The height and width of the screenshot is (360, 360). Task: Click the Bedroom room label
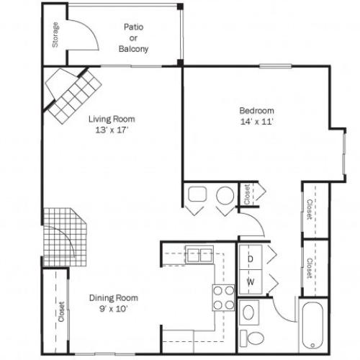coord(256,110)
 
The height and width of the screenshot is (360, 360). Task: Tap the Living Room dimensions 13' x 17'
coord(112,130)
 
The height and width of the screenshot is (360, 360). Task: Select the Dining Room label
coord(113,297)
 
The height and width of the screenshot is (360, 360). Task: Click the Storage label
coord(55,36)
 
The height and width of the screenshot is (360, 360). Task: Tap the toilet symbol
coord(251,336)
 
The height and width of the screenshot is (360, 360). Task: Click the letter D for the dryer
coord(251,257)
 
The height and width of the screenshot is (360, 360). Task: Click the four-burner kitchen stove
coord(223,297)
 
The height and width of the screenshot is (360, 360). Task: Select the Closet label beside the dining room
coord(61,314)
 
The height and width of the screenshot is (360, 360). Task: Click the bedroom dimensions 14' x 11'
coord(256,121)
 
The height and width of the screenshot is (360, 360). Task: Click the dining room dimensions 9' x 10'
coord(113,308)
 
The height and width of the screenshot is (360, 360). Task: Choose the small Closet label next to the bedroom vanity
coord(247,194)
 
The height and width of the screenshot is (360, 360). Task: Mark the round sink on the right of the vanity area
coord(225,194)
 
